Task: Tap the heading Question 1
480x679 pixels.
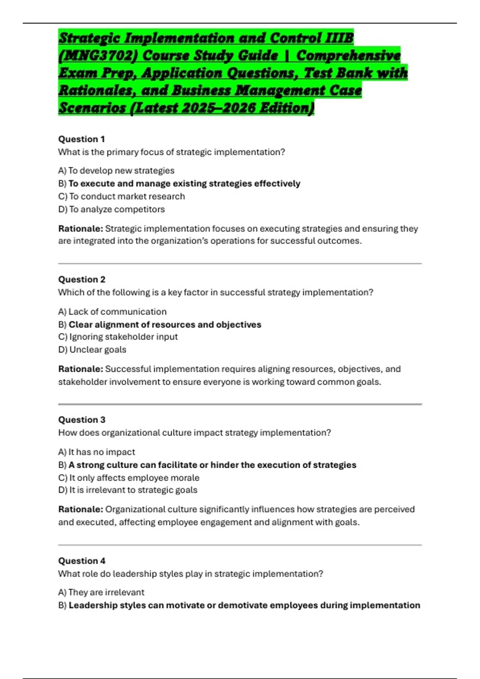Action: point(82,139)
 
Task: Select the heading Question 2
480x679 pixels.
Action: point(82,279)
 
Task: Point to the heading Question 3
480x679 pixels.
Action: point(82,419)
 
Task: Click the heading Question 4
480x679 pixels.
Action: point(82,560)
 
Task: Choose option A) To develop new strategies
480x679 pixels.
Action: point(116,171)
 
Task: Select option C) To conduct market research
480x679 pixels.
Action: point(122,196)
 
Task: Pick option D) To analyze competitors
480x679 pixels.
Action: point(112,209)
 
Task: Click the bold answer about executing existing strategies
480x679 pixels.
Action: point(184,183)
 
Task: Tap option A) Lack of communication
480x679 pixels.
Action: point(112,312)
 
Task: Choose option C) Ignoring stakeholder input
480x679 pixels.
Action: point(118,337)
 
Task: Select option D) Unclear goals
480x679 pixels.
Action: point(92,349)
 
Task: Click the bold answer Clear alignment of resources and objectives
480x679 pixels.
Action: point(165,324)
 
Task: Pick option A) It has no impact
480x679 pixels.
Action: point(97,452)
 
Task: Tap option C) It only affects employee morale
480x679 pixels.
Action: point(129,478)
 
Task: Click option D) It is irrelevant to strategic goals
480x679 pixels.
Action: point(128,490)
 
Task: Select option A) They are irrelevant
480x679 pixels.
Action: point(101,592)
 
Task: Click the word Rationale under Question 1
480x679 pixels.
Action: point(80,228)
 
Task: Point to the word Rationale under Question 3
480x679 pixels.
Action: point(80,509)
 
